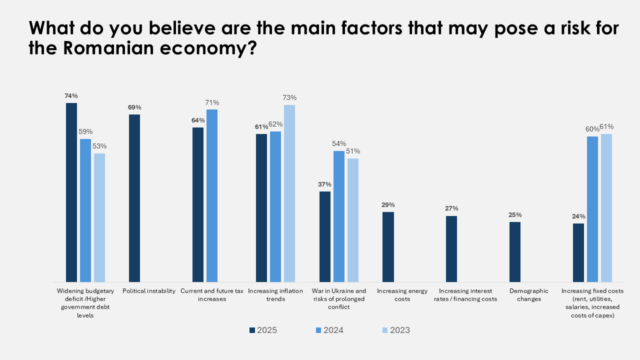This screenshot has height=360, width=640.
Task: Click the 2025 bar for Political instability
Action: click(134, 198)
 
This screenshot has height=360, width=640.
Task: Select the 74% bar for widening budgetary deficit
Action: click(71, 192)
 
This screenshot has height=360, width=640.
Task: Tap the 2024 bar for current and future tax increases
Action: click(212, 195)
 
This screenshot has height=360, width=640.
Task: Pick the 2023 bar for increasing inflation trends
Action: click(289, 193)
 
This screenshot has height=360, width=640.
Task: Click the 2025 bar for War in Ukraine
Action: click(325, 236)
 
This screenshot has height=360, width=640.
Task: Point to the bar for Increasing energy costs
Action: click(388, 247)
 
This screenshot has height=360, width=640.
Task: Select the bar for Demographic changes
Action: click(515, 252)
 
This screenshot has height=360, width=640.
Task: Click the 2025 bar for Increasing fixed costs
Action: click(578, 252)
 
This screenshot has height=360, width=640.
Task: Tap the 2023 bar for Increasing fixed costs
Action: click(606, 208)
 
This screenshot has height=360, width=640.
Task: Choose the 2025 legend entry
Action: click(263, 330)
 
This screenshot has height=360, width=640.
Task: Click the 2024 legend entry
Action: click(329, 330)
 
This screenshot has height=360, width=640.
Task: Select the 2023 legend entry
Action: click(396, 330)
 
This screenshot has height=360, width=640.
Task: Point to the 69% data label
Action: click(134, 107)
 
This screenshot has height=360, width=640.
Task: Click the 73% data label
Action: click(289, 97)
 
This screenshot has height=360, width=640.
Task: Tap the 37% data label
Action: click(325, 184)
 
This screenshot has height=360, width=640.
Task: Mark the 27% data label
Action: click(451, 208)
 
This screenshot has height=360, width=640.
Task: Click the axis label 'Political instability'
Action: click(149, 291)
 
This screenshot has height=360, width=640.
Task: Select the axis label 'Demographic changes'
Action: click(529, 295)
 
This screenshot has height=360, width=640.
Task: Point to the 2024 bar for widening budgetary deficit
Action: click(85, 210)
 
